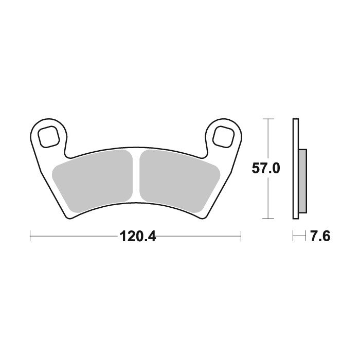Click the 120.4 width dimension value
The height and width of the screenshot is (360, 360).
click(x=138, y=236)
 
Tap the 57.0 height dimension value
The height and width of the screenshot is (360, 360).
click(x=266, y=168)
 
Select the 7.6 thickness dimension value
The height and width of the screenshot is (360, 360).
click(x=320, y=236)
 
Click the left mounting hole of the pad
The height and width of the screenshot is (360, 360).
click(x=48, y=136)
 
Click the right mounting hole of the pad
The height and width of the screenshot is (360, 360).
click(x=223, y=136)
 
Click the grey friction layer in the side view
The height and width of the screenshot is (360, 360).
click(x=302, y=181)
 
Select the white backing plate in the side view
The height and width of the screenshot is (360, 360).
click(x=296, y=169)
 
